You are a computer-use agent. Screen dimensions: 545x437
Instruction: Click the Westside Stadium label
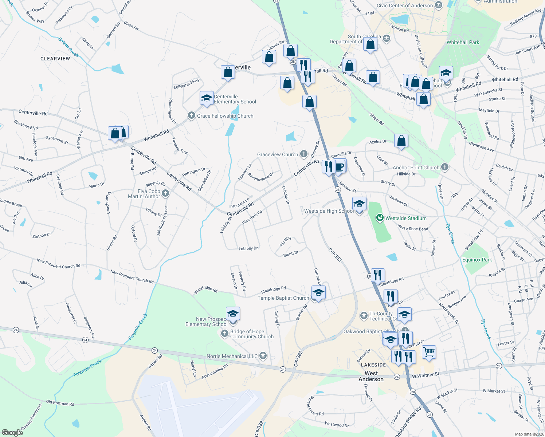click(406, 219)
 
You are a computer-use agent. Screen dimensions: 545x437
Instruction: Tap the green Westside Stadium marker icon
click(380, 218)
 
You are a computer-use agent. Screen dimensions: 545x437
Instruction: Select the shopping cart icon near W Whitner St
click(429, 352)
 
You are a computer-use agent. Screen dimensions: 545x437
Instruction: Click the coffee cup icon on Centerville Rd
click(340, 167)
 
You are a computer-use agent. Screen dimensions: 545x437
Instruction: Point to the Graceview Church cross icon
click(303, 154)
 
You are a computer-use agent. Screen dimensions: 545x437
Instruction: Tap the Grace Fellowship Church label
click(225, 116)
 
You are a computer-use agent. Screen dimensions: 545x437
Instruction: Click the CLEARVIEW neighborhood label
click(55, 59)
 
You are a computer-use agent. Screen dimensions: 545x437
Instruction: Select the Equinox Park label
click(477, 260)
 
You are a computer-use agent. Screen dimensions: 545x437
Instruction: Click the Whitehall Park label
click(463, 42)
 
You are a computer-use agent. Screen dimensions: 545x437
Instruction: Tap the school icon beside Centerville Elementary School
click(207, 98)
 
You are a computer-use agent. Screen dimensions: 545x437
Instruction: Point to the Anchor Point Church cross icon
click(444, 167)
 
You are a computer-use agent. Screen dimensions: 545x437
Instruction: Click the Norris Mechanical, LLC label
click(232, 356)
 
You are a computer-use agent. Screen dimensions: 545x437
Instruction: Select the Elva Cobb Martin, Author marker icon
click(165, 193)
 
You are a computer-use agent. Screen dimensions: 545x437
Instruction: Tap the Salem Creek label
click(69, 48)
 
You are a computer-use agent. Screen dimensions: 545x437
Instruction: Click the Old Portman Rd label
click(60, 403)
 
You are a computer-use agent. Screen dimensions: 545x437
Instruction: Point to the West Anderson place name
click(371, 376)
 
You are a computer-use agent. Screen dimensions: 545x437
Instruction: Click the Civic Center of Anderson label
click(404, 5)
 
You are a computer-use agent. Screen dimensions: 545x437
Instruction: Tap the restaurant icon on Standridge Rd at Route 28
click(377, 275)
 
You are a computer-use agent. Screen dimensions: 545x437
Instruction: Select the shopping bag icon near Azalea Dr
click(401, 141)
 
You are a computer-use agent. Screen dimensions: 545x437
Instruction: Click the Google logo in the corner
click(12, 433)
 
